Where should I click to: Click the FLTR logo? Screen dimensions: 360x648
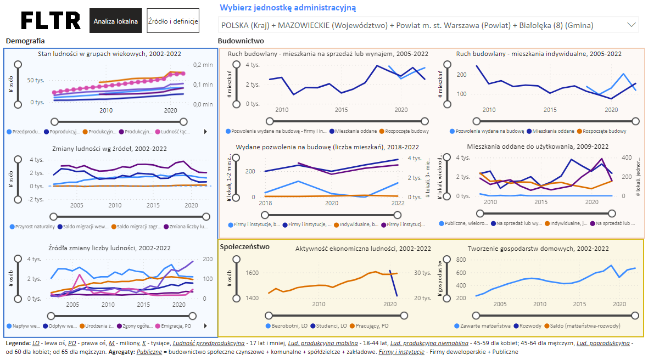tap(51, 21)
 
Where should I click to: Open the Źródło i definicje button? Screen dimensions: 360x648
tap(172, 21)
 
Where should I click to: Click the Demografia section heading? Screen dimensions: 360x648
tap(25, 41)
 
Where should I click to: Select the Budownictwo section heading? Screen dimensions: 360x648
tap(241, 41)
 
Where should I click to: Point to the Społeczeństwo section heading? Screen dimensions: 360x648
tap(245, 246)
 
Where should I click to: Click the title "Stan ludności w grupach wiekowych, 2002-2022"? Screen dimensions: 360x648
tap(110, 53)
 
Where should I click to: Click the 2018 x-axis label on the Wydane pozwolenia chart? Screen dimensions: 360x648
tap(265, 203)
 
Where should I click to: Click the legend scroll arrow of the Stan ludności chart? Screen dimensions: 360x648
tap(205, 132)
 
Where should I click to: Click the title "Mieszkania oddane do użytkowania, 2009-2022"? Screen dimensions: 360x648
tap(538, 147)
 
